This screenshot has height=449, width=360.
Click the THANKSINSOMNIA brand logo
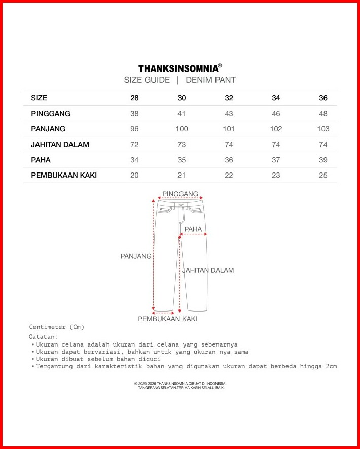coord(179,68)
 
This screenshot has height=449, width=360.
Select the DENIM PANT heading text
coord(210,80)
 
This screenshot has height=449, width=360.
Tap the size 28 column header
coord(134,98)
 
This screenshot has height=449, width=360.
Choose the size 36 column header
coord(323,98)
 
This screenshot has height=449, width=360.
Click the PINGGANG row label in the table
coord(51,113)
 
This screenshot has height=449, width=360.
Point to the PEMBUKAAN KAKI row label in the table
coord(64,175)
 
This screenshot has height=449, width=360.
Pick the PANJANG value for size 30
coord(182,129)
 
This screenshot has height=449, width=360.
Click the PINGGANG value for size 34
coord(276,113)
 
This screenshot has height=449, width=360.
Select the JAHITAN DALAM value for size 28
coord(134,144)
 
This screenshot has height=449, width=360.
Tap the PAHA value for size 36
coord(323,160)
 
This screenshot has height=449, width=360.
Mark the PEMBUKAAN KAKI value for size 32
coord(229,175)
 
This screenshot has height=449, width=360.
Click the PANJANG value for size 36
coord(323,129)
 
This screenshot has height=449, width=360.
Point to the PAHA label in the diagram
coord(193,229)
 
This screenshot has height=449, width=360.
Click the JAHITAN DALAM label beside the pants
coord(208,270)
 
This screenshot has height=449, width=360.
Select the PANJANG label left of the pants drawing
coord(136,256)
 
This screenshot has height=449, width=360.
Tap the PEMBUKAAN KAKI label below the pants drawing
coord(167,319)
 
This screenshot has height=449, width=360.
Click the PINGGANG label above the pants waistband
coord(180,194)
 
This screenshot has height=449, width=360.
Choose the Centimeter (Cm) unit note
coord(57,327)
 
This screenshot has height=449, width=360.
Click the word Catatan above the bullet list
coord(43,336)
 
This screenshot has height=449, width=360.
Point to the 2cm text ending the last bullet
coord(332,366)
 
